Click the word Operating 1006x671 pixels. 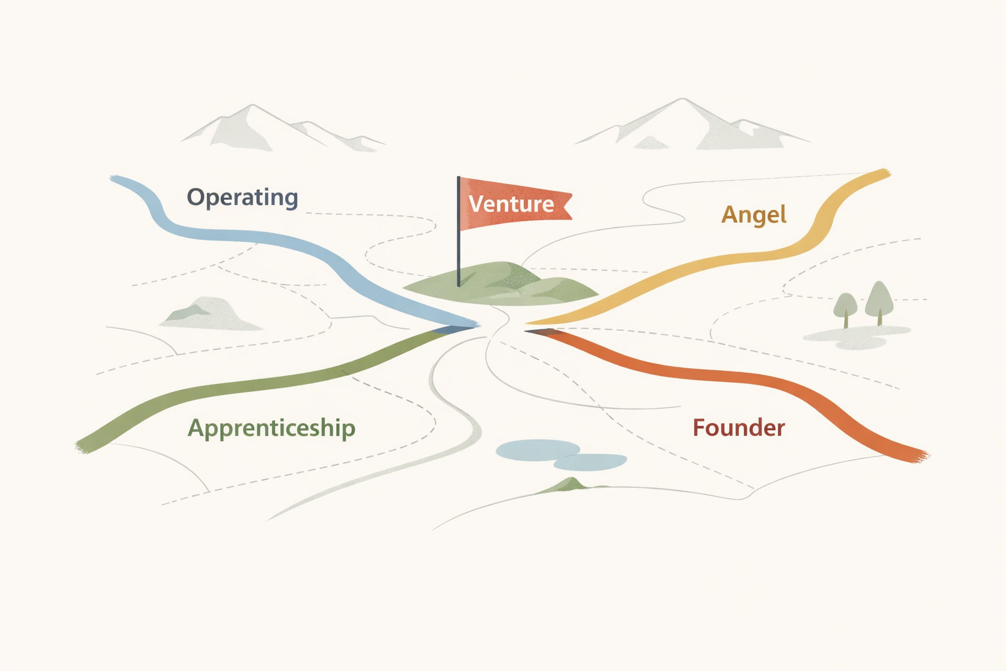click(242, 197)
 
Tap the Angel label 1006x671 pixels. click(754, 215)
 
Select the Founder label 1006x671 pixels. click(738, 428)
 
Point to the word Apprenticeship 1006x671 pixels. click(271, 428)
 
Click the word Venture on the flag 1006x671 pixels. click(511, 204)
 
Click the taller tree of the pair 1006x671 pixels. click(879, 301)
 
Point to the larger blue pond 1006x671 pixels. click(538, 450)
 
